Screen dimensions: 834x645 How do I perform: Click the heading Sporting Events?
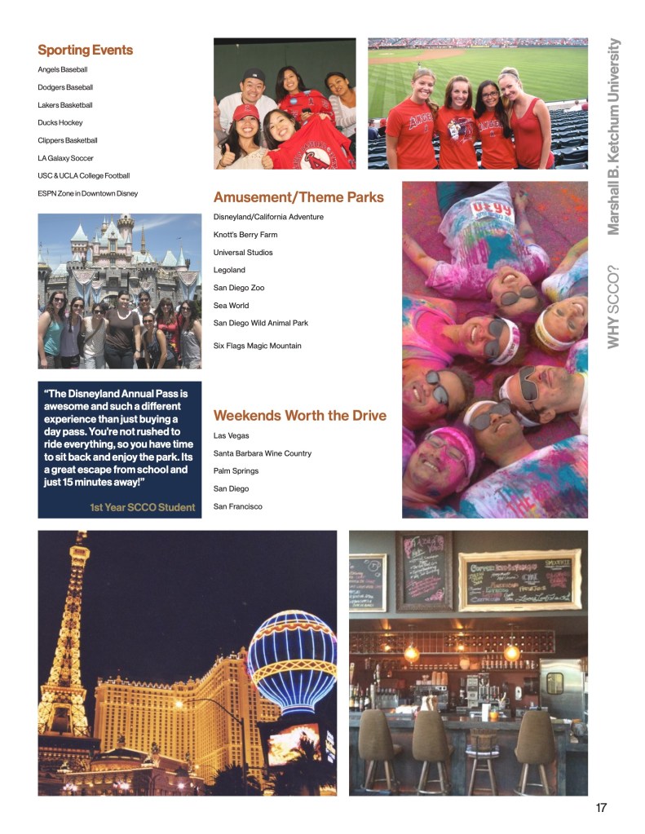[x=85, y=51]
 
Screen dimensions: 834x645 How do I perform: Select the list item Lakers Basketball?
[x=65, y=105]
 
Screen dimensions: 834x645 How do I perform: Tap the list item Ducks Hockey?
[x=60, y=122]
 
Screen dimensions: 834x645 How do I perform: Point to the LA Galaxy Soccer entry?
[x=66, y=158]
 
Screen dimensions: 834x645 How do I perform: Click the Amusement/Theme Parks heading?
[x=298, y=197]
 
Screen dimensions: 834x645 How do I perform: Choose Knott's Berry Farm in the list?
[x=245, y=235]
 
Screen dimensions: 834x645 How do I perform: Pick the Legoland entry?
[x=229, y=270]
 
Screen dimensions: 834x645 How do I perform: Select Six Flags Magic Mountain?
[x=257, y=346]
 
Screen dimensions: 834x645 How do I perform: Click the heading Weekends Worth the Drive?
[x=300, y=416]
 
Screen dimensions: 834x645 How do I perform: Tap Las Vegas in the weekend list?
[x=232, y=435]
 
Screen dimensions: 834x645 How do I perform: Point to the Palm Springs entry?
[x=236, y=471]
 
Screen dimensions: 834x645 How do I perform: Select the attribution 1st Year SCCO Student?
[x=143, y=508]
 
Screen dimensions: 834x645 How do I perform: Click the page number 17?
[x=601, y=808]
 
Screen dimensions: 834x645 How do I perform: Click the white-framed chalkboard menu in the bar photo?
[x=520, y=580]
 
